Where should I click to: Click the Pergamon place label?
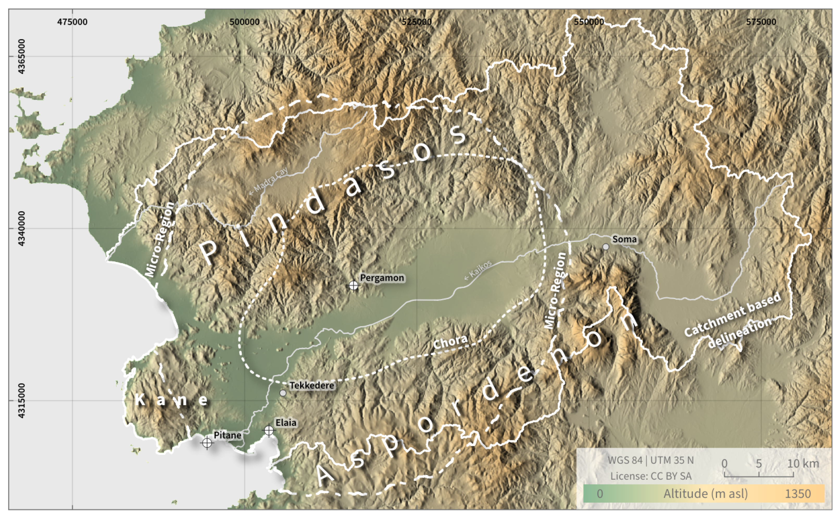382,278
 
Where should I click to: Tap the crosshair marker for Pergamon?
353,285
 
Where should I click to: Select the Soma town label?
624,239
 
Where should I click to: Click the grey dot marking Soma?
606,247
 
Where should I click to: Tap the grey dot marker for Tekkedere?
283,393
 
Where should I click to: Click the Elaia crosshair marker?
269,430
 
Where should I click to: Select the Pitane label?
227,435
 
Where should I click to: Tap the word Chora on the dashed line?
450,342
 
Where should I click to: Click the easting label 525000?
417,22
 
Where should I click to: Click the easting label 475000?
72,22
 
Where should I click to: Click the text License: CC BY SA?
651,476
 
